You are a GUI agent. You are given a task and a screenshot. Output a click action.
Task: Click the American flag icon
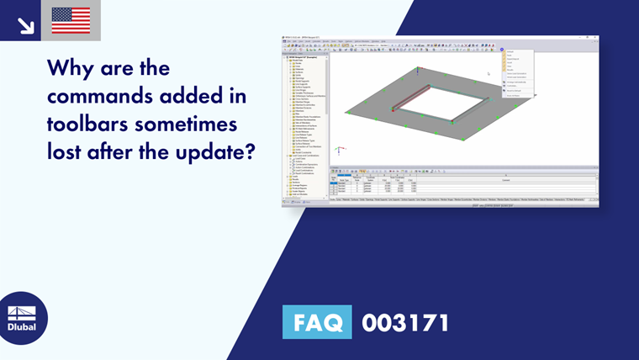(x=71, y=20)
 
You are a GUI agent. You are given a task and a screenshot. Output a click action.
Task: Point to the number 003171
(x=405, y=322)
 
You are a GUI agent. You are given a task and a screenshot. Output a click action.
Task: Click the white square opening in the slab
(x=436, y=108)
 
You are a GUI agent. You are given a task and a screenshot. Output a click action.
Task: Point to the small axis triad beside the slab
(x=338, y=151)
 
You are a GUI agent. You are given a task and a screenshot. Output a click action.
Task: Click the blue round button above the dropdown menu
(x=502, y=50)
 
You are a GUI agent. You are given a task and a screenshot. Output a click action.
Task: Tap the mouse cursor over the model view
(x=488, y=73)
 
